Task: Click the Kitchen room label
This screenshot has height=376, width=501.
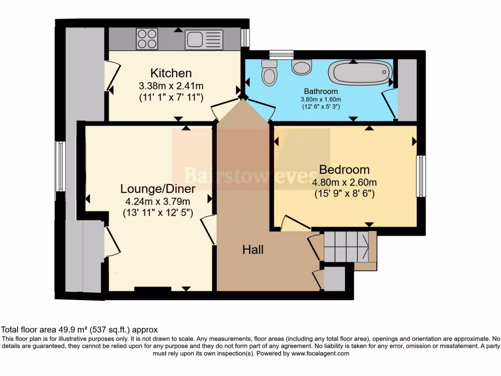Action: tap(171, 73)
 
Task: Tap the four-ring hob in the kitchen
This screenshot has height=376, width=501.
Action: tap(147, 39)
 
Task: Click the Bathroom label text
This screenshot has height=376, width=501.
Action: tap(321, 91)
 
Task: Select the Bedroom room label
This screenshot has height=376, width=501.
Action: tap(344, 170)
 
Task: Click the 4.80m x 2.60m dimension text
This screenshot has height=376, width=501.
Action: tap(344, 182)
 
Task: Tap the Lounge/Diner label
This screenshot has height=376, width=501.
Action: tap(158, 188)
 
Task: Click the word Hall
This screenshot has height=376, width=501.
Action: tap(253, 250)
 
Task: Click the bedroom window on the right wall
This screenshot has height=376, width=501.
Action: tap(420, 176)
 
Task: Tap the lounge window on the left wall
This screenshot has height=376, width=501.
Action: tap(60, 166)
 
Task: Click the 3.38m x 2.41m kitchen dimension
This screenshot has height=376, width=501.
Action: tap(171, 86)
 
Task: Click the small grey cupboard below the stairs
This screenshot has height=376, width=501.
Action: tap(335, 278)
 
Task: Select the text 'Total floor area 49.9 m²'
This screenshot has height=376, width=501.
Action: tap(54, 330)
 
